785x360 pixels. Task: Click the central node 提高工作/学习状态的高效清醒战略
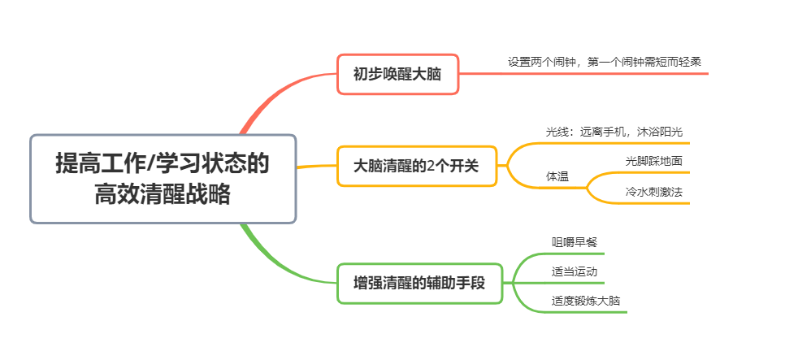(x=163, y=179)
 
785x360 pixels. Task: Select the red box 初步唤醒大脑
(x=397, y=74)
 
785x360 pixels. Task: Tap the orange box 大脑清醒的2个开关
(x=416, y=166)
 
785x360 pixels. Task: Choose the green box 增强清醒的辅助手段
(x=419, y=284)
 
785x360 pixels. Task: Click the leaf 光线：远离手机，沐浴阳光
(x=617, y=131)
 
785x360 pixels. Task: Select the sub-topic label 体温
(x=557, y=176)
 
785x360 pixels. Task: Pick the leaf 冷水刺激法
(x=653, y=193)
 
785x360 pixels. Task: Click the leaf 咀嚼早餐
(x=575, y=241)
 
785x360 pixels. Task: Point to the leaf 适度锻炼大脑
(x=586, y=301)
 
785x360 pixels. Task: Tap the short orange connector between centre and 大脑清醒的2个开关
(x=317, y=167)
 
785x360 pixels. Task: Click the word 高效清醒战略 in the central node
(x=163, y=195)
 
